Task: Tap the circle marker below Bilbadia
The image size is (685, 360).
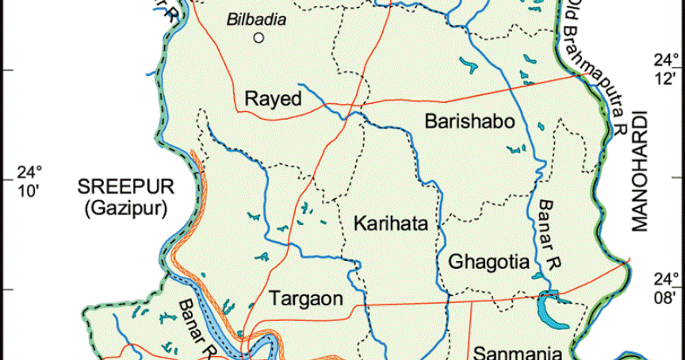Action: (x=258, y=37)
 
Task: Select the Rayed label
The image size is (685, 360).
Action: (x=274, y=99)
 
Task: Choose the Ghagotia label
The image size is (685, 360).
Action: (x=488, y=261)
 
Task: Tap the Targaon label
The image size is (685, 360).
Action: (x=306, y=299)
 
